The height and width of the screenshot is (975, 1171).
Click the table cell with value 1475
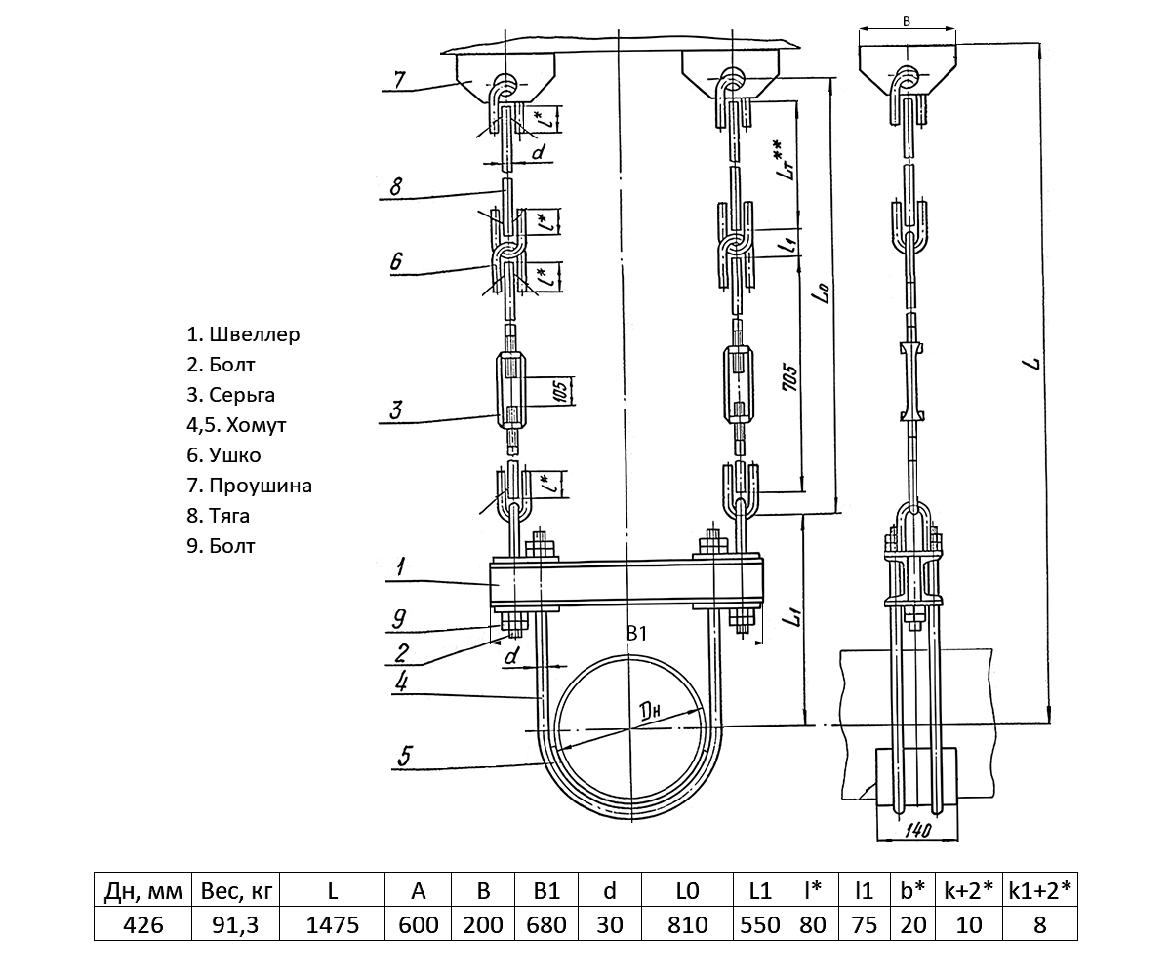(x=333, y=923)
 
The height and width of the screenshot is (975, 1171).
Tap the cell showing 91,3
(x=234, y=923)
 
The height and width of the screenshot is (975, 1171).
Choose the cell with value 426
(x=142, y=923)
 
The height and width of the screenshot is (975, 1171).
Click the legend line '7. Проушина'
(x=249, y=485)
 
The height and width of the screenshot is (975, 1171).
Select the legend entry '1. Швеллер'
(x=243, y=334)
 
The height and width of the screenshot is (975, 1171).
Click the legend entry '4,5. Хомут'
(x=236, y=425)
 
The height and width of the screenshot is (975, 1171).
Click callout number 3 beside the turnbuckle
(x=395, y=409)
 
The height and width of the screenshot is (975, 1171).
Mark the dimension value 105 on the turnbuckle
(x=559, y=390)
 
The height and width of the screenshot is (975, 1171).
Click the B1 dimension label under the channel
(x=636, y=635)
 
